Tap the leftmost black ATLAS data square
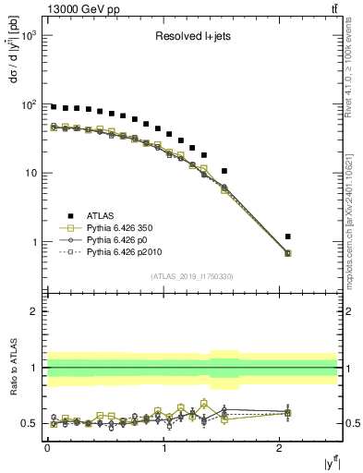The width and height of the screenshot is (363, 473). pyautogui.click(x=54, y=107)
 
